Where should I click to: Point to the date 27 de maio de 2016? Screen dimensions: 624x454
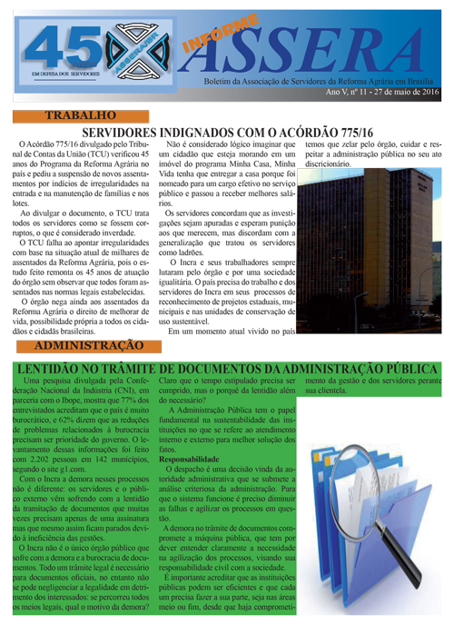pos(408,94)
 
